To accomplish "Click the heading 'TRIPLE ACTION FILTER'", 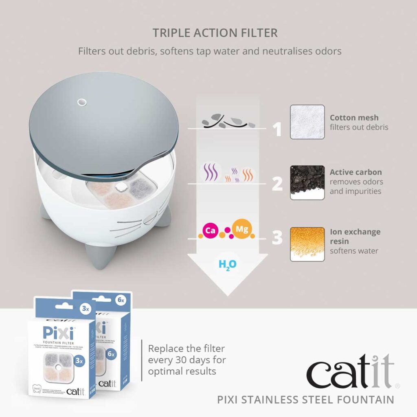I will click(215, 33).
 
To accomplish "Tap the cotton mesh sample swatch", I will click(307, 122).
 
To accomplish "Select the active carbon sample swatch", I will click(307, 182).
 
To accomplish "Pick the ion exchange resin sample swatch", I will click(307, 244).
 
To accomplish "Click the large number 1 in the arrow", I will click(277, 129).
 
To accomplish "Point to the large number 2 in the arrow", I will click(277, 184).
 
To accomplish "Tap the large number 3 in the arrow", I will click(277, 238).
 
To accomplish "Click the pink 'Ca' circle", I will click(210, 231).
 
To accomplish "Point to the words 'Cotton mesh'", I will click(354, 118).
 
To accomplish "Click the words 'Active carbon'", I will click(356, 172).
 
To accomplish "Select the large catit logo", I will click(350, 372).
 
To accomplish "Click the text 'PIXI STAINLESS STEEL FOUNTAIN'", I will click(305, 399).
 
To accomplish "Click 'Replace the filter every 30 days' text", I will click(187, 360).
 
